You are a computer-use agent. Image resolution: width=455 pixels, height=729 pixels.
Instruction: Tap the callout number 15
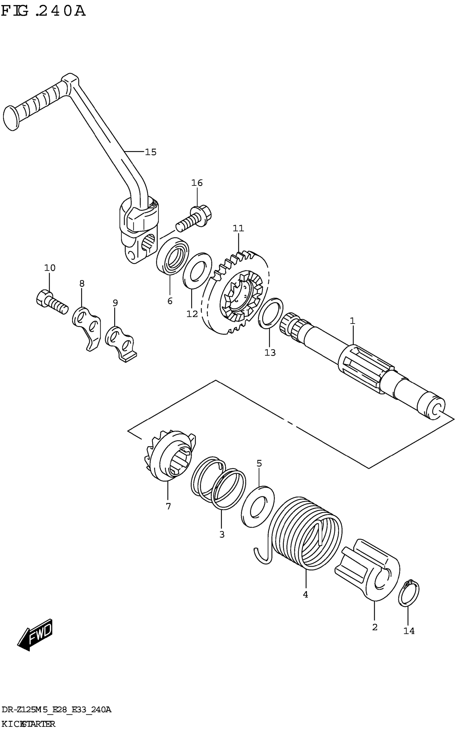pos(151,152)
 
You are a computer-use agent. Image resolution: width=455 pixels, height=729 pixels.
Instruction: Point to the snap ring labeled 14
pos(408,593)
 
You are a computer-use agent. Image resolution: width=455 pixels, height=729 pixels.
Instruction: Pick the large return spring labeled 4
pos(305,537)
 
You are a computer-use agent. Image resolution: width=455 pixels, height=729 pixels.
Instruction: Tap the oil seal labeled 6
pos(172,256)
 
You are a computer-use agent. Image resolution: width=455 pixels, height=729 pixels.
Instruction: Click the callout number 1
pos(352,321)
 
